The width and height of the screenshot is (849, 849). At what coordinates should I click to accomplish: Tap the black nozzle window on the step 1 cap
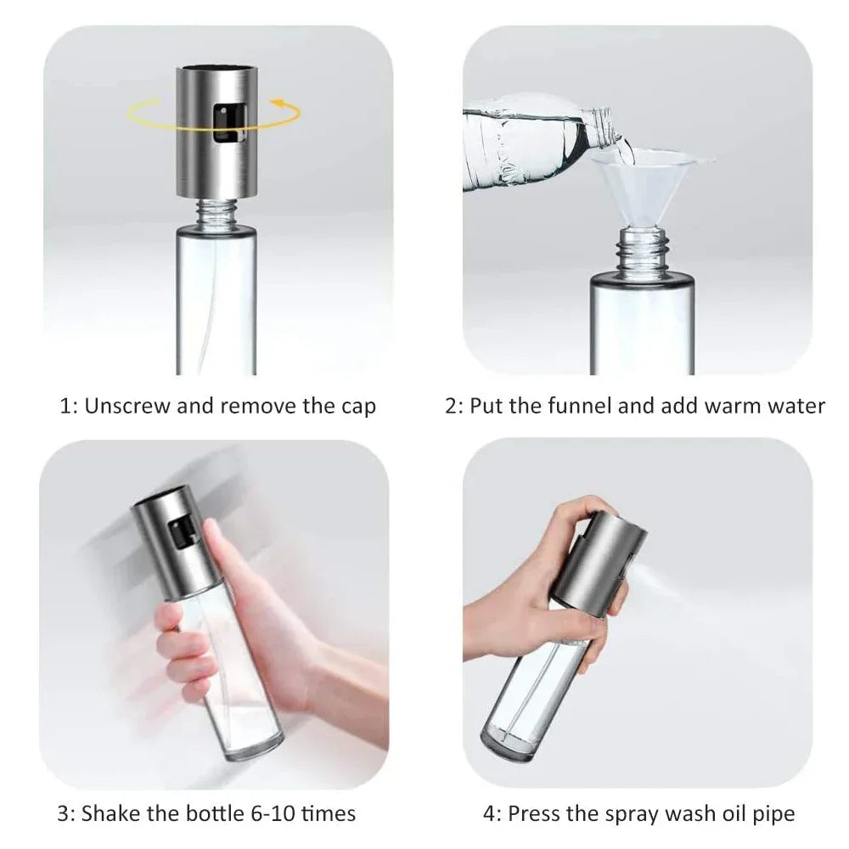point(225,122)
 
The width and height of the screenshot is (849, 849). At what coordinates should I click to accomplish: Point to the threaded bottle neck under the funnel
point(643,251)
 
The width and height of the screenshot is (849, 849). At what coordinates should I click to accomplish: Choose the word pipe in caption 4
point(773,813)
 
